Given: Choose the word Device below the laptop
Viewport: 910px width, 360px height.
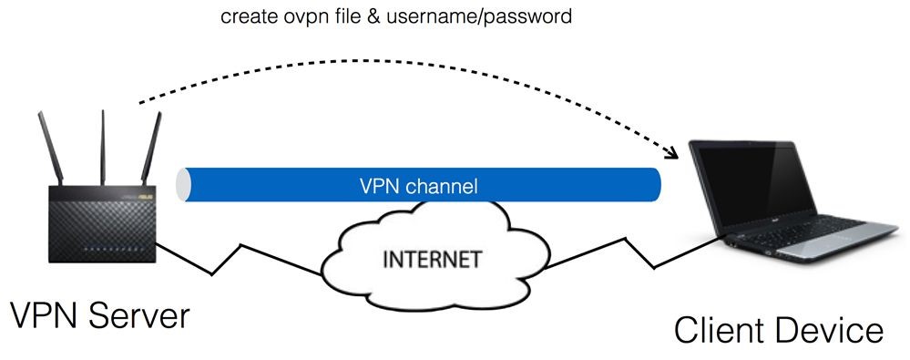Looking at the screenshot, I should point(832,329).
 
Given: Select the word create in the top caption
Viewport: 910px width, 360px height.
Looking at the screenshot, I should point(247,17).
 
